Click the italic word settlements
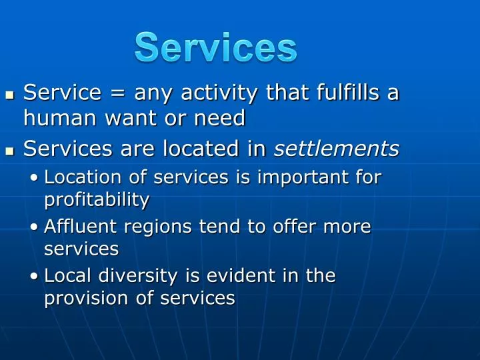(337, 149)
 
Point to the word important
(293, 177)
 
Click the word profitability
(97, 199)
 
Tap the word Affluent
(75, 227)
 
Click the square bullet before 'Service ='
(9, 95)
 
